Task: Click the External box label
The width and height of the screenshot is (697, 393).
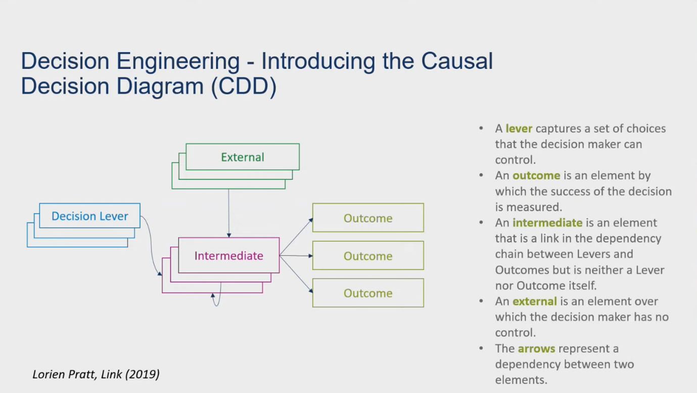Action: click(x=243, y=157)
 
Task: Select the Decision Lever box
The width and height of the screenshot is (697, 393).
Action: click(x=89, y=216)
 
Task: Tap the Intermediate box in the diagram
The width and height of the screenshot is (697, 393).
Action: click(x=228, y=255)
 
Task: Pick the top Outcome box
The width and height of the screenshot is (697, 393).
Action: click(x=368, y=218)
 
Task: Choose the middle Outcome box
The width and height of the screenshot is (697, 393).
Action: click(x=368, y=256)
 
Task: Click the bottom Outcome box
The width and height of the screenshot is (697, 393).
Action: click(x=368, y=293)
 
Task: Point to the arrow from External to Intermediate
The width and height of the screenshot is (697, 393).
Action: click(x=228, y=212)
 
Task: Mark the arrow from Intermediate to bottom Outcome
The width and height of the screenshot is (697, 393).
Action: click(x=296, y=274)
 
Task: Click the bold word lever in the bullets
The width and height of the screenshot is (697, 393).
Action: click(x=519, y=128)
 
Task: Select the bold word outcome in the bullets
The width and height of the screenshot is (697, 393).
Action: click(x=536, y=176)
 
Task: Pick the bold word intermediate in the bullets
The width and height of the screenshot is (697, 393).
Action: click(x=547, y=223)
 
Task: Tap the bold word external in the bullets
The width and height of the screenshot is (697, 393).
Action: click(x=534, y=301)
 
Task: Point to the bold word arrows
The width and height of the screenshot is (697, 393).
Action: click(x=536, y=348)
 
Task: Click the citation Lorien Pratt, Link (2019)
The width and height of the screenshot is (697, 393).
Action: click(x=96, y=374)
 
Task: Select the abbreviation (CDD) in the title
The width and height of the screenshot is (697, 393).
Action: click(x=244, y=86)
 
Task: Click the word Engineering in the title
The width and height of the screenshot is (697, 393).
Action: click(x=178, y=61)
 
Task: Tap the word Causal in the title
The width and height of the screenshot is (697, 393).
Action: click(x=457, y=61)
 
